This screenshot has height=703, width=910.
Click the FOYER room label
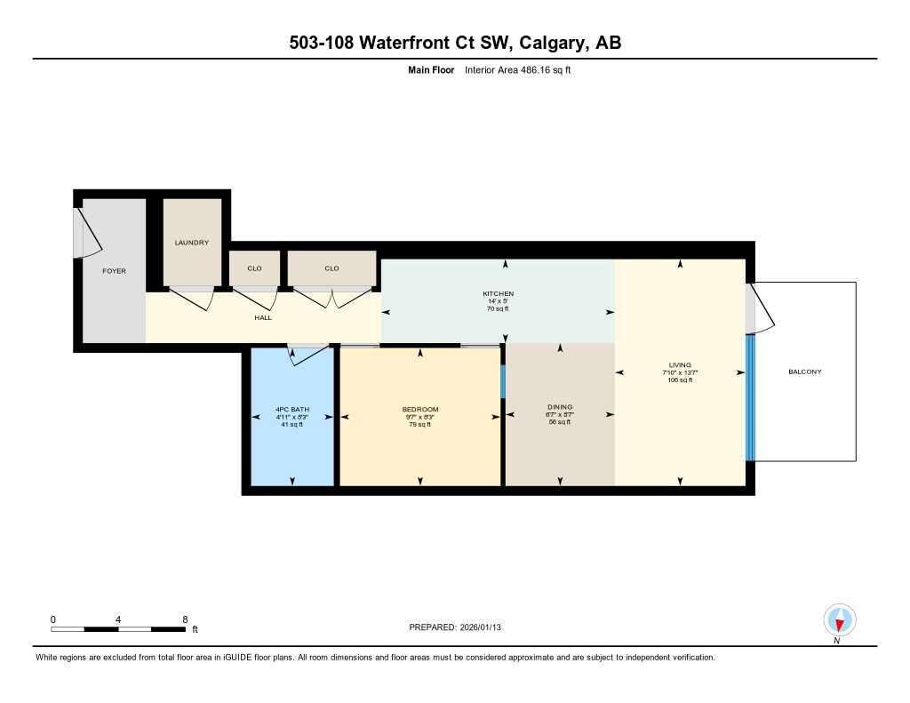[114, 270]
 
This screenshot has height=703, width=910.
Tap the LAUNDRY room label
[191, 243]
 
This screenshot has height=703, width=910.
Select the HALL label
[263, 317]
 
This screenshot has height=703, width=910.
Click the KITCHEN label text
[498, 294]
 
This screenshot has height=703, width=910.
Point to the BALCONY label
[805, 371]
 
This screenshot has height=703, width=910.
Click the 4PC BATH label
[291, 410]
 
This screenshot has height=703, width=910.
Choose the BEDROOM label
[420, 410]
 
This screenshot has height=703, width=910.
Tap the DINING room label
[560, 407]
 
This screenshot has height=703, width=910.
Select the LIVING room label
[680, 365]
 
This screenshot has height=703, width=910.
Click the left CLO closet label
[255, 268]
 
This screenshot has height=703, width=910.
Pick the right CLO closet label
[331, 268]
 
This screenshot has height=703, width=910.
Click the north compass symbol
[839, 619]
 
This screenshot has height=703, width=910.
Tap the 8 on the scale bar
[185, 619]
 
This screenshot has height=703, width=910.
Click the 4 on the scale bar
[118, 619]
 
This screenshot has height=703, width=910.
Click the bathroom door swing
[307, 355]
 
